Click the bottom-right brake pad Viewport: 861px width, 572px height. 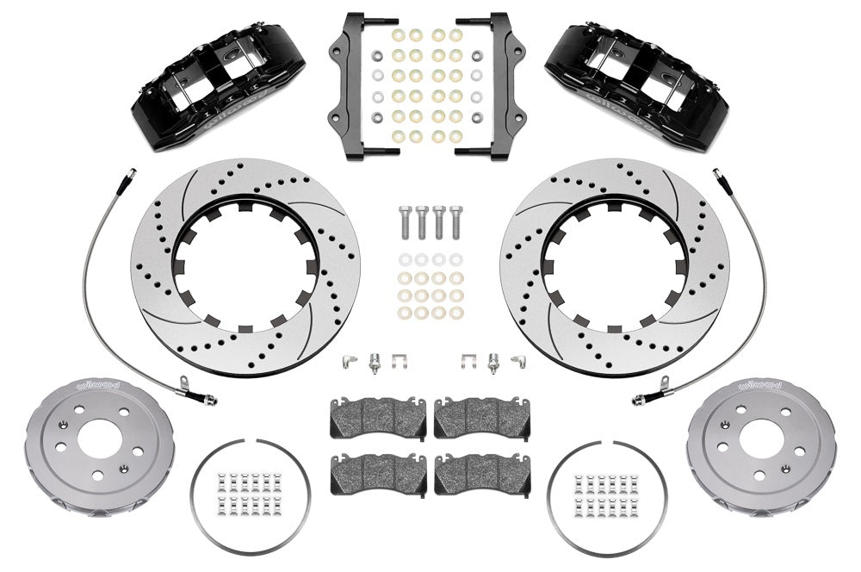tap(482, 474)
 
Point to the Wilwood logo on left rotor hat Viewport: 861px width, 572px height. tap(99, 385)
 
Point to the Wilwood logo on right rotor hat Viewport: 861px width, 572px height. tap(761, 385)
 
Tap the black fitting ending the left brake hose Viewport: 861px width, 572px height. tap(207, 398)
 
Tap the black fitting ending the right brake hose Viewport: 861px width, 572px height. tap(642, 398)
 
